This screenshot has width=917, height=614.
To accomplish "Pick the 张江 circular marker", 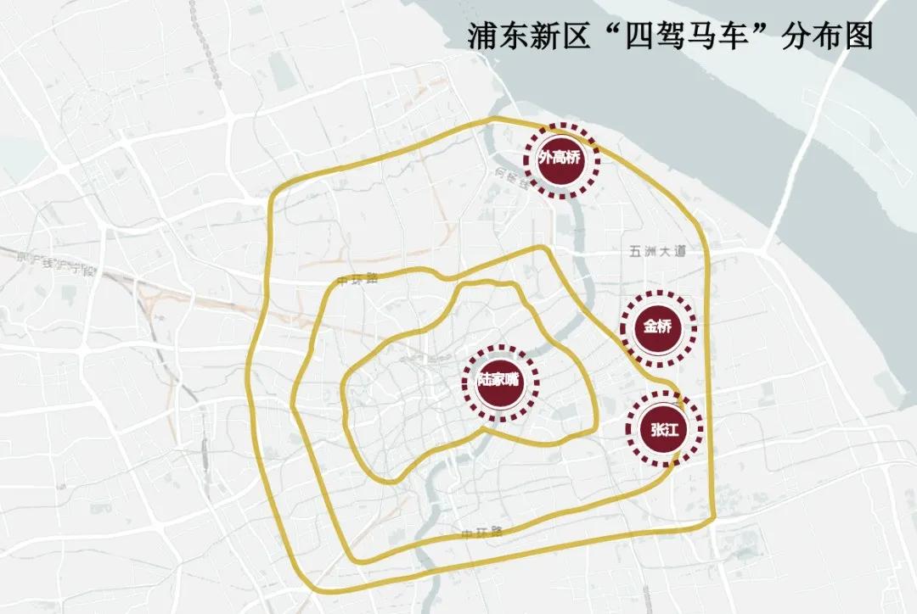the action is click(x=665, y=430).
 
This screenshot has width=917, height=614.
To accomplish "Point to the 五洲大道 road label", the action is click(x=656, y=252).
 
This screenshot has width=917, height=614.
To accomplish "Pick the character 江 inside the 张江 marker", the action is click(x=675, y=430).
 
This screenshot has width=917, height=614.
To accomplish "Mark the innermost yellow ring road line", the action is click(x=343, y=407).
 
